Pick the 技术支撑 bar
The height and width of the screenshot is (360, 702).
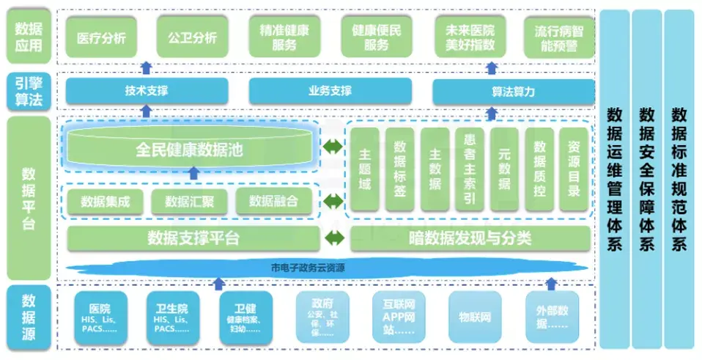pyautogui.click(x=147, y=92)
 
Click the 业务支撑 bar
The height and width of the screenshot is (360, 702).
pyautogui.click(x=330, y=92)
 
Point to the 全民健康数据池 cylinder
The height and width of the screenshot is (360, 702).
pyautogui.click(x=189, y=149)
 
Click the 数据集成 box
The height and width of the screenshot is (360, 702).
pyautogui.click(x=106, y=202)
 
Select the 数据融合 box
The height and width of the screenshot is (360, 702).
pyautogui.click(x=273, y=202)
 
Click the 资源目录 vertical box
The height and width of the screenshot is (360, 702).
pyautogui.click(x=574, y=169)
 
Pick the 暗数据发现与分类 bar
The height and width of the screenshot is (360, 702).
pyautogui.click(x=470, y=238)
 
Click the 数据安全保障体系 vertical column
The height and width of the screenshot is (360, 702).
pyautogui.click(x=646, y=179)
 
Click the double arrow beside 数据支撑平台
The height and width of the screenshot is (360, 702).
pyautogui.click(x=333, y=238)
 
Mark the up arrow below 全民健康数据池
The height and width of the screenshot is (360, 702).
pyautogui.click(x=193, y=173)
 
